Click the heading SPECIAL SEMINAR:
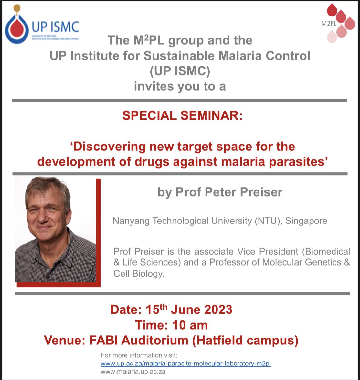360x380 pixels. tap(182, 115)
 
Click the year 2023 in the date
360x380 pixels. tap(215, 309)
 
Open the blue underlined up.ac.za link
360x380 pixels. tap(186, 363)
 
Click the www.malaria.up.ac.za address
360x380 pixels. tap(133, 372)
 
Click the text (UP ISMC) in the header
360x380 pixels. tap(180, 71)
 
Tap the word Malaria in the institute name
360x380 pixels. tap(241, 56)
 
